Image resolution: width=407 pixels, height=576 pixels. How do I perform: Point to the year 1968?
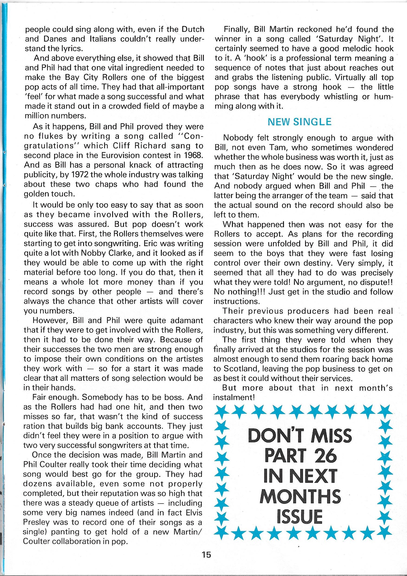pos(193,155)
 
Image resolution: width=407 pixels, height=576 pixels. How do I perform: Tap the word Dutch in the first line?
pos(192,30)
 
